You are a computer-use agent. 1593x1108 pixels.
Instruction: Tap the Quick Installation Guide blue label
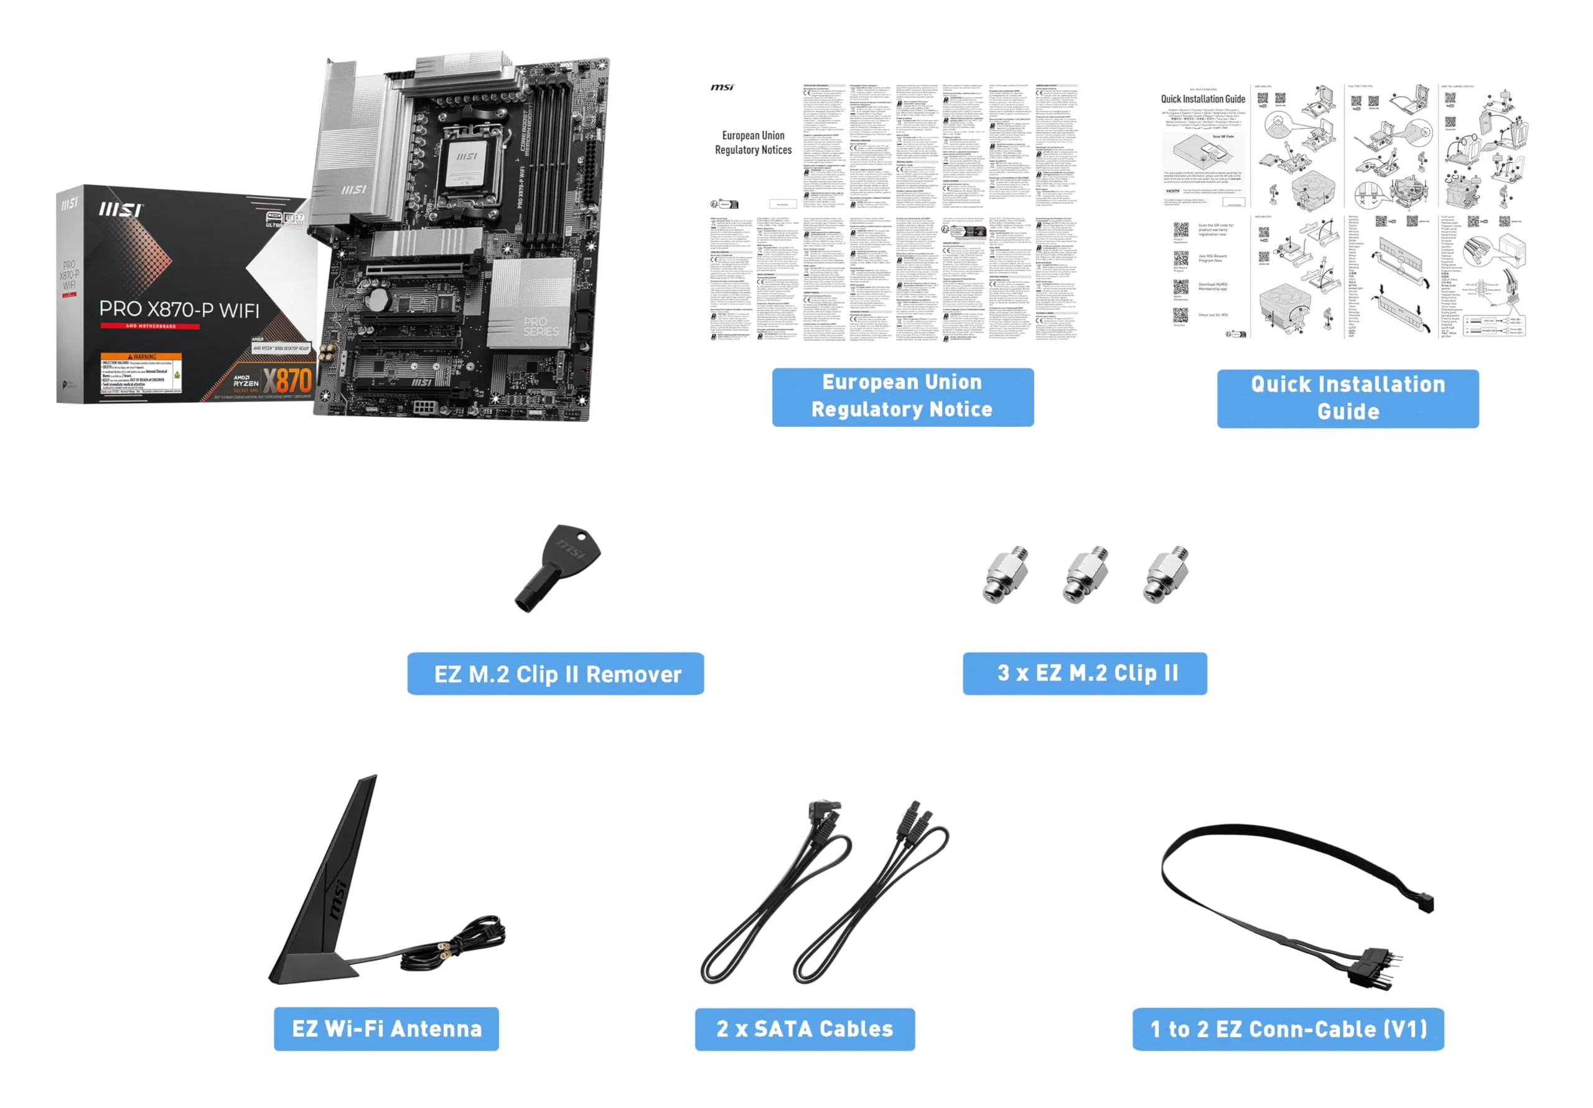click(x=1347, y=398)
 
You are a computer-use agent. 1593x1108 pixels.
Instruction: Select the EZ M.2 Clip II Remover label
click(x=555, y=674)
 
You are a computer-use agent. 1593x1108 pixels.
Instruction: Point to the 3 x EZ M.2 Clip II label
click(x=1085, y=673)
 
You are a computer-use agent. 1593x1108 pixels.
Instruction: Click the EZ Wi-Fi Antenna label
click(x=386, y=1028)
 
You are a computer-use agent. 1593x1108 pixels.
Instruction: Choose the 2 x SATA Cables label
click(x=804, y=1029)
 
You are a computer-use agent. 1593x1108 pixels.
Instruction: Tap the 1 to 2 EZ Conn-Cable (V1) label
click(x=1287, y=1029)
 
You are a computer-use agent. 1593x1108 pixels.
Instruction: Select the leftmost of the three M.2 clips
click(x=1004, y=574)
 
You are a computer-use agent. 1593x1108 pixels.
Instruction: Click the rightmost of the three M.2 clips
click(x=1165, y=574)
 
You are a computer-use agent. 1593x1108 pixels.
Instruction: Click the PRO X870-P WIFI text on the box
click(x=179, y=309)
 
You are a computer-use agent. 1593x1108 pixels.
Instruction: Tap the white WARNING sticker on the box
click(x=141, y=373)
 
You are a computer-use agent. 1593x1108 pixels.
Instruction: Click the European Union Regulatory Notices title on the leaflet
click(x=753, y=142)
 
